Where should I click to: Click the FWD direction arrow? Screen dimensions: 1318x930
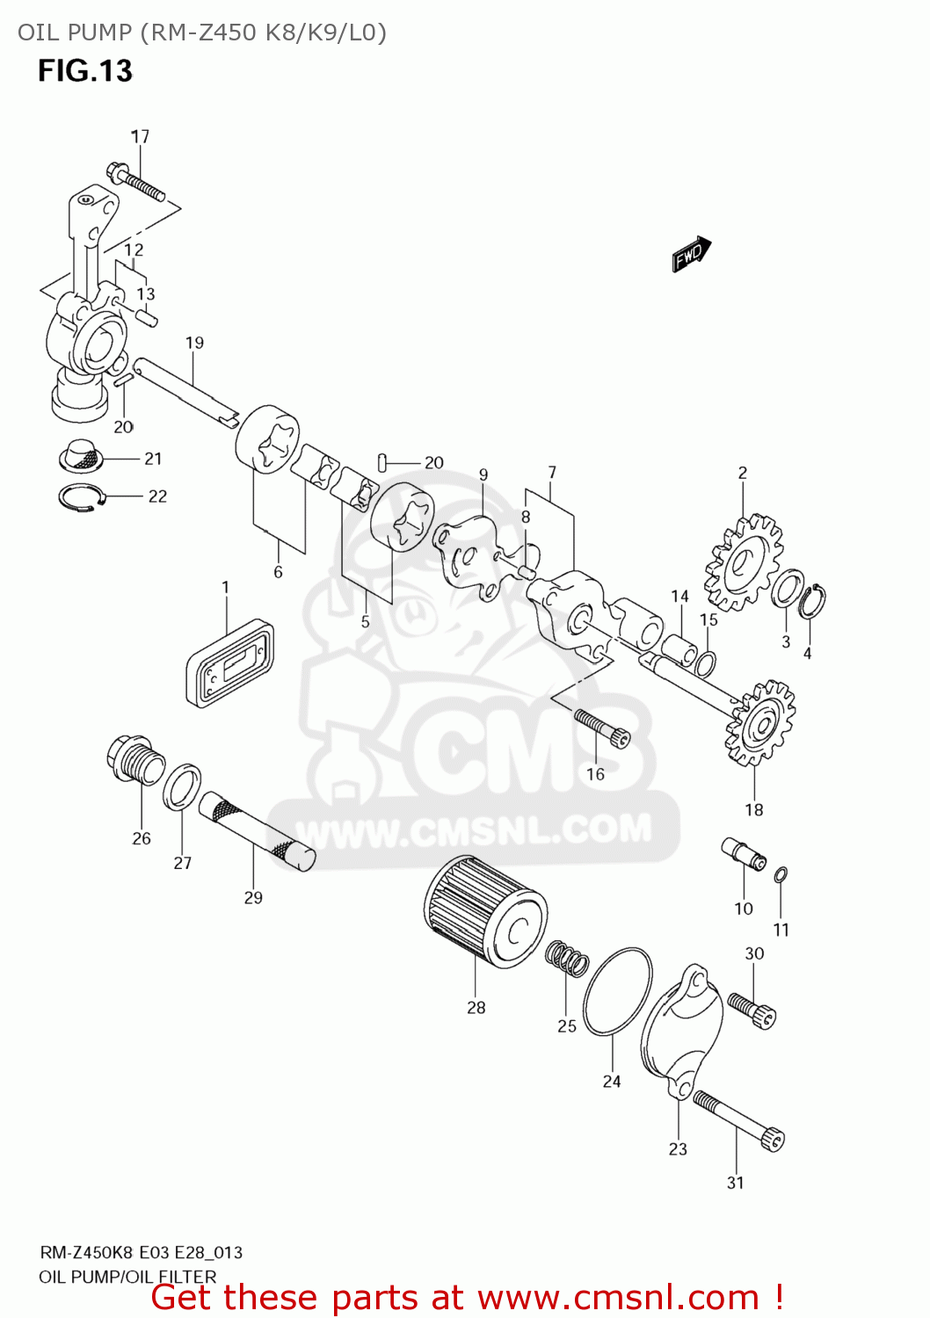tap(691, 254)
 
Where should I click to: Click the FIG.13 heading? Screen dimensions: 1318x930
tap(84, 70)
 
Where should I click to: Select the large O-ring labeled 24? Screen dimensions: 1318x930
tap(617, 992)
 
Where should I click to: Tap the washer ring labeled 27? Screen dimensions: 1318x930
tap(182, 786)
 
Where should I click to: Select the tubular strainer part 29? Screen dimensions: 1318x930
tap(256, 830)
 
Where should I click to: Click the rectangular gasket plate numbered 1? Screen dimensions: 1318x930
tap(229, 663)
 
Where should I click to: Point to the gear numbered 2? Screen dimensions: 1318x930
tap(744, 563)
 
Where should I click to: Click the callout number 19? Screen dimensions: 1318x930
tap(194, 343)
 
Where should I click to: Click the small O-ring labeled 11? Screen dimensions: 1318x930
tap(781, 874)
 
